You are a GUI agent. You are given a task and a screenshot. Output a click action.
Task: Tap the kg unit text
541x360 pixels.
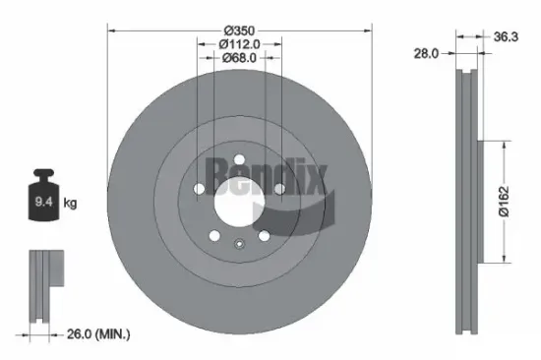[x=71, y=204]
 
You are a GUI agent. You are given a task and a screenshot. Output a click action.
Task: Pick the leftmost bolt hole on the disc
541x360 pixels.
[x=199, y=189]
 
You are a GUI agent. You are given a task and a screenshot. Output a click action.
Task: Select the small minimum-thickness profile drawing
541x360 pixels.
[x=44, y=285]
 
